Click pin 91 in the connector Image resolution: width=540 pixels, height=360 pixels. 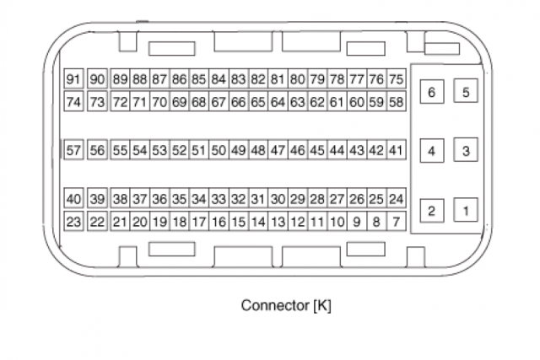(x=73, y=79)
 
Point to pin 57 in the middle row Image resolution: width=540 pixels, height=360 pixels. (x=73, y=150)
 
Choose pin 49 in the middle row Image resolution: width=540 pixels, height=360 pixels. (x=238, y=150)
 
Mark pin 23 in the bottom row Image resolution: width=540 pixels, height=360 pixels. (x=73, y=222)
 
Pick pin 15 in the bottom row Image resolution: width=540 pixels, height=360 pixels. (x=238, y=222)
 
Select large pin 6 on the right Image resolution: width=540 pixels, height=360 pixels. (x=432, y=91)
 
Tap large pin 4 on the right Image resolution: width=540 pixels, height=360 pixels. (x=432, y=152)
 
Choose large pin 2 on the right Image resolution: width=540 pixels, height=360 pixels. (x=432, y=210)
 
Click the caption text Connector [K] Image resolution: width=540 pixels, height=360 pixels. (x=286, y=305)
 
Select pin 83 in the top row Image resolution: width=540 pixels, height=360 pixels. (x=238, y=79)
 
